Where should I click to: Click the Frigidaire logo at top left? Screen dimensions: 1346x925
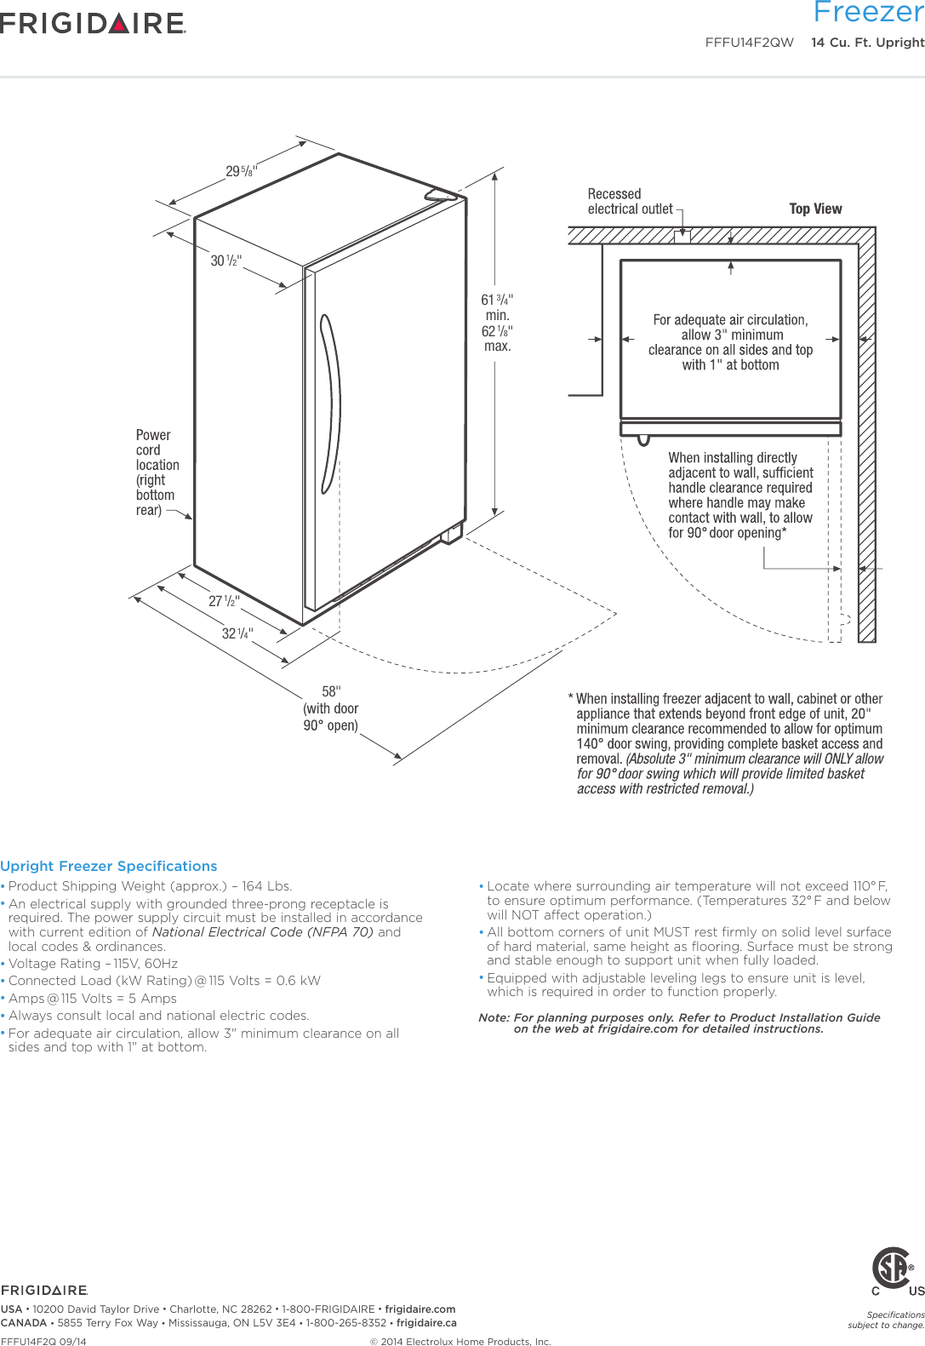(x=93, y=23)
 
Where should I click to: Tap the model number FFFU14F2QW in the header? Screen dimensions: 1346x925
(x=749, y=43)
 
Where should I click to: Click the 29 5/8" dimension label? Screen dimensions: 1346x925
(x=241, y=171)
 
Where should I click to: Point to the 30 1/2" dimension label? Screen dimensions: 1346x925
(x=226, y=261)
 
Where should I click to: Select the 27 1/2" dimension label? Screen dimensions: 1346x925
(x=224, y=601)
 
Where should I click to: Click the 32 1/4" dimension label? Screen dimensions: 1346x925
(x=237, y=633)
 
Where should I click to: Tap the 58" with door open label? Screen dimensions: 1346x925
(x=331, y=707)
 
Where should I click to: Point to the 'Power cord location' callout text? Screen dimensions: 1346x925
(x=157, y=473)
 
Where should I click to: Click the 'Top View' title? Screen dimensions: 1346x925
(x=815, y=209)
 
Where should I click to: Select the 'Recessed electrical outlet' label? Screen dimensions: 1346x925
(x=629, y=202)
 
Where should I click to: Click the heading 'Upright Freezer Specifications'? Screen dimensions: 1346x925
(x=109, y=866)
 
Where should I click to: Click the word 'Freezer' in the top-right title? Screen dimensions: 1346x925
(x=868, y=12)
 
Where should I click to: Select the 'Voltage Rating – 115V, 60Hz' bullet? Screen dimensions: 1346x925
(x=94, y=964)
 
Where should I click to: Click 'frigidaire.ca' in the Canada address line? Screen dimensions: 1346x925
(x=426, y=1323)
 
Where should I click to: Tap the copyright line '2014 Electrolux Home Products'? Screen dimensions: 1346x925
(x=460, y=1342)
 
